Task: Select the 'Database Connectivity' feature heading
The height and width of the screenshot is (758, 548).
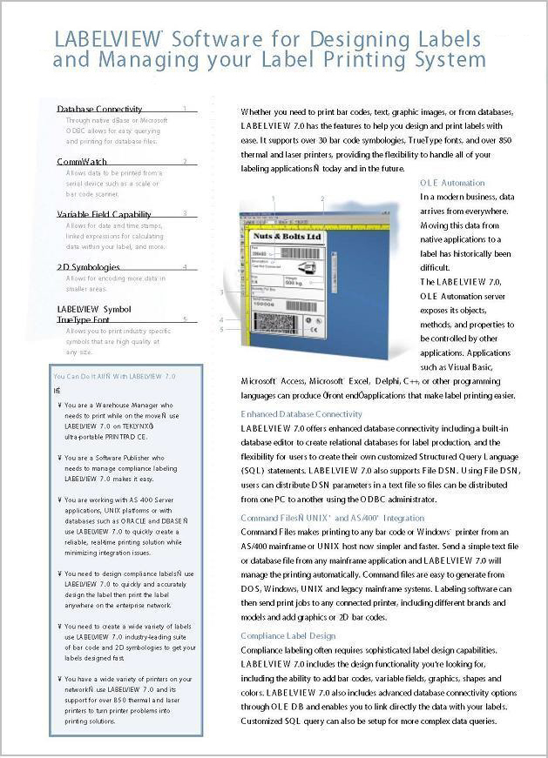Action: click(x=99, y=109)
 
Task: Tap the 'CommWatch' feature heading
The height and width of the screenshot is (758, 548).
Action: click(x=82, y=162)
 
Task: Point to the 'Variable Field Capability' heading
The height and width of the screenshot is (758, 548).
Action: click(x=104, y=214)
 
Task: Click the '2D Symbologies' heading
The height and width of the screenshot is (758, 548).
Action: click(x=88, y=267)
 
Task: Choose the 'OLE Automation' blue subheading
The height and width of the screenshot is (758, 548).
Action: click(x=452, y=183)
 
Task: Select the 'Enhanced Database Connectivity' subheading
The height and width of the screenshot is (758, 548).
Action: click(x=301, y=414)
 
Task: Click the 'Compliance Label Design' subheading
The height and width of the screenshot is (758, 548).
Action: click(x=288, y=636)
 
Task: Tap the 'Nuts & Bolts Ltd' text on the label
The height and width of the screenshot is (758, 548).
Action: click(x=287, y=237)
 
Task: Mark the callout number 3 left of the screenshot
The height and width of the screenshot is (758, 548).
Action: click(x=222, y=292)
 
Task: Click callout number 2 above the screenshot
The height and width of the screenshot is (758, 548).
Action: click(x=321, y=199)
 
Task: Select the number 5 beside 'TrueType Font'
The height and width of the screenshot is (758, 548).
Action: click(x=185, y=320)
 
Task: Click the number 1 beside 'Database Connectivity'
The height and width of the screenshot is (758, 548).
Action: click(x=185, y=109)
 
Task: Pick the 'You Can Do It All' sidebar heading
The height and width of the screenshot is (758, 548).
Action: click(x=114, y=376)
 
